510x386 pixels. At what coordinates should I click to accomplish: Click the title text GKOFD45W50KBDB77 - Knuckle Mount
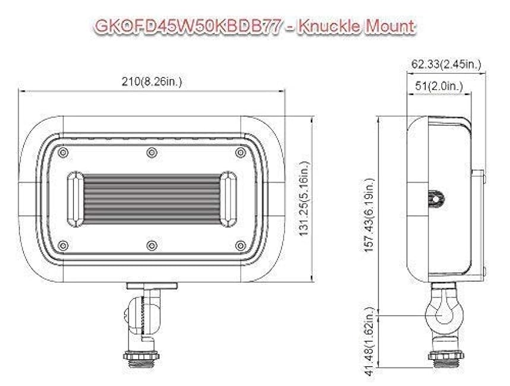point(255,27)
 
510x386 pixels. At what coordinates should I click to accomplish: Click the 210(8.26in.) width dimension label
point(152,81)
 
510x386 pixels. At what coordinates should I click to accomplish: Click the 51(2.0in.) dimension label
point(439,86)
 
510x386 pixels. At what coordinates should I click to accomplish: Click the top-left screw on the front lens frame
point(63,153)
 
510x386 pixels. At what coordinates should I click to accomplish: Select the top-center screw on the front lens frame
point(152,153)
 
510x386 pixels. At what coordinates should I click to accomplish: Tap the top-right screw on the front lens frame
point(240,153)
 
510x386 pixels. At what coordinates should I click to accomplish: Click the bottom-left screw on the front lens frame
point(63,245)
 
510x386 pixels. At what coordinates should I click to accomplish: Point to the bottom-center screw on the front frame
point(152,245)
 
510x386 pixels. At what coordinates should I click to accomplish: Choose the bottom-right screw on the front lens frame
point(240,245)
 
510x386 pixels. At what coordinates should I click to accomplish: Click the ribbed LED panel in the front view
point(152,199)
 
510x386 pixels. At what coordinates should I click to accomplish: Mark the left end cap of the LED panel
point(75,199)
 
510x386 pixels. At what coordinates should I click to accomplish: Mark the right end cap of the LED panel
point(228,199)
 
